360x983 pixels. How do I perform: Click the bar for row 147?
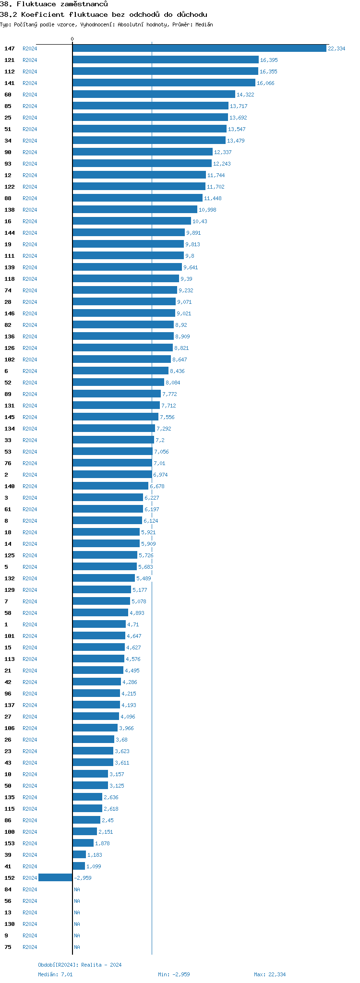(x=199, y=48)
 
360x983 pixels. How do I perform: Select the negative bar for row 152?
(x=55, y=878)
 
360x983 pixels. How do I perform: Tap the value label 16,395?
(x=269, y=60)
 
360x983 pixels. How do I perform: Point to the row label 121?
(x=10, y=60)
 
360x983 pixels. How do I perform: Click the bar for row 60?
(x=154, y=95)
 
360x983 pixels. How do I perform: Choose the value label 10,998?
(x=207, y=210)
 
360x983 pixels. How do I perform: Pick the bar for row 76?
(x=112, y=463)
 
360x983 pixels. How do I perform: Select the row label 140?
(x=10, y=486)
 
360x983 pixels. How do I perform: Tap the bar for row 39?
(x=79, y=855)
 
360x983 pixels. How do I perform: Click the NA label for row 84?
(x=77, y=889)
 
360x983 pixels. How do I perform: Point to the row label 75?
(x=8, y=947)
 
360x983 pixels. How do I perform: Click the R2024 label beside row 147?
(x=30, y=48)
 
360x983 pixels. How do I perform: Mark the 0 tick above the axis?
(x=72, y=39)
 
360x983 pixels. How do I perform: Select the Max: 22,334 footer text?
(x=270, y=974)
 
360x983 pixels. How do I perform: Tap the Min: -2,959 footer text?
(x=174, y=974)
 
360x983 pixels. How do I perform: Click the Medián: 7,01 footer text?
(x=55, y=974)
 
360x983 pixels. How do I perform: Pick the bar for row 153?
(x=83, y=843)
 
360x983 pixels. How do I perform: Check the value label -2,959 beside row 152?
(x=83, y=878)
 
